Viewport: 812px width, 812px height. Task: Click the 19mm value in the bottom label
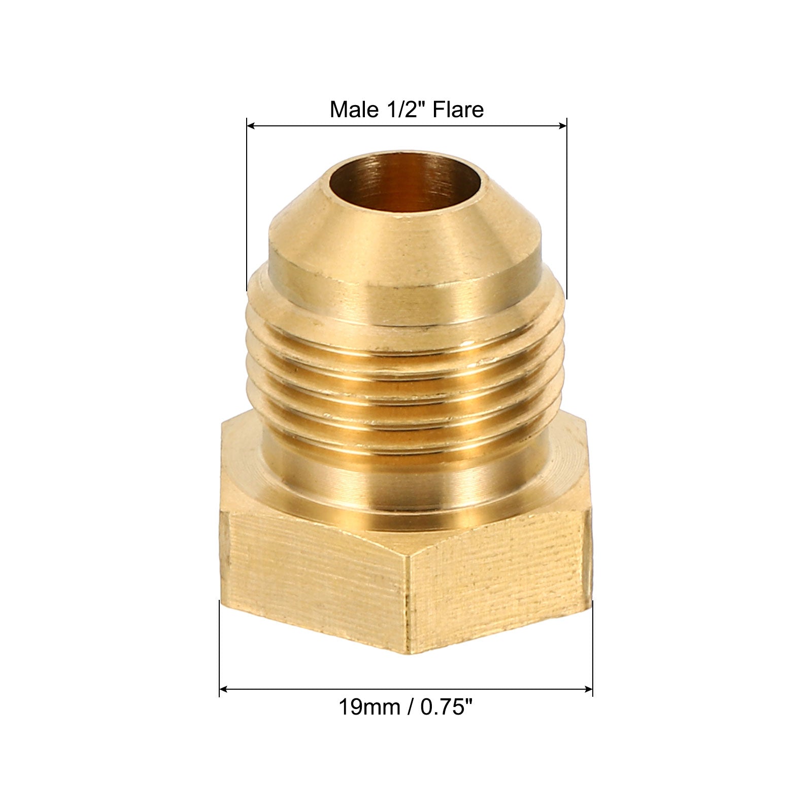pyautogui.click(x=369, y=707)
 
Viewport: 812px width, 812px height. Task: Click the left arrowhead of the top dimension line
pyautogui.click(x=251, y=126)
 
